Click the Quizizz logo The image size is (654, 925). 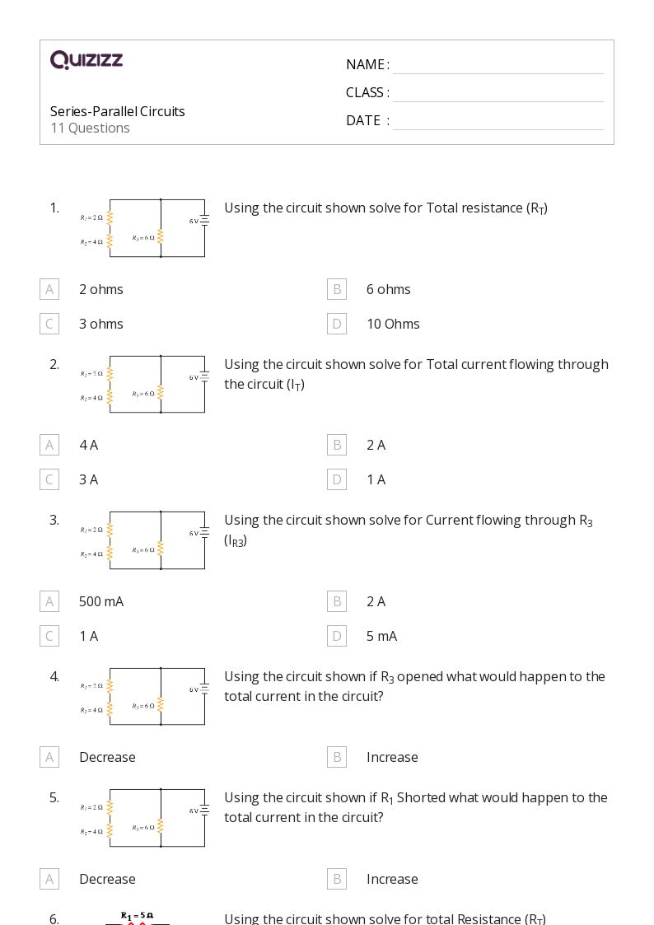coord(86,60)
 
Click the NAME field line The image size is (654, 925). coord(498,65)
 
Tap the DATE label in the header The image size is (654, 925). coord(363,120)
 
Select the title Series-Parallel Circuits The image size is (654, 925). coord(117,111)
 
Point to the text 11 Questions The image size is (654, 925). coord(90,128)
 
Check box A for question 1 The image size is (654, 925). coord(49,289)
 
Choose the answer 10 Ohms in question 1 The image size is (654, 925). coord(393,324)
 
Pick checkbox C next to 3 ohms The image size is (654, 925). coord(49,324)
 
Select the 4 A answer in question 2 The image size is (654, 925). coord(88,445)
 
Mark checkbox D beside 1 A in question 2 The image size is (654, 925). coord(337,479)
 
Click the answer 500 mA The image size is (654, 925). coord(100,601)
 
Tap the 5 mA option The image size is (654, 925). coord(381,636)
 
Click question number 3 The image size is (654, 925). coord(54,520)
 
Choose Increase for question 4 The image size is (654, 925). coord(392,757)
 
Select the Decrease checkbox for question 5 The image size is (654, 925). coord(49,879)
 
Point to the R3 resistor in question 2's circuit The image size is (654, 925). coord(161,393)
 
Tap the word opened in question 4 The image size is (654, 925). coord(420,676)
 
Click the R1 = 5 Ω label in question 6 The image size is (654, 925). coord(137,915)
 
